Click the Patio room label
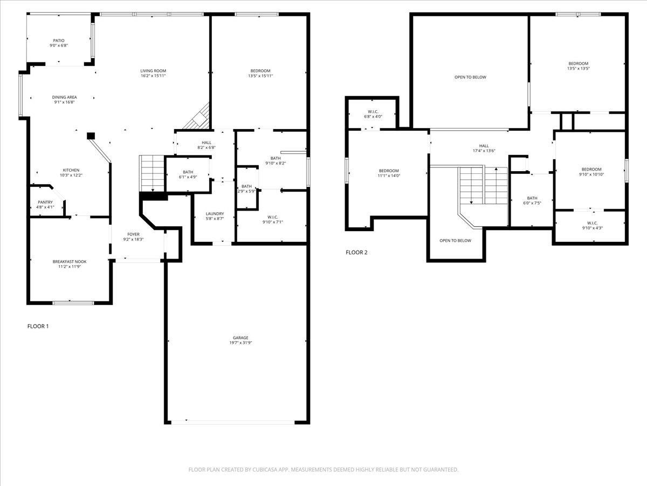click(58, 40)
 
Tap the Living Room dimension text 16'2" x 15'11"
click(153, 76)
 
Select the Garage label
click(237, 338)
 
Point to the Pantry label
click(45, 202)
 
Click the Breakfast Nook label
click(70, 262)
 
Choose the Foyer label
click(133, 234)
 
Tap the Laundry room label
click(215, 214)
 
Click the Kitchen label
click(71, 170)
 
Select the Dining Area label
click(64, 97)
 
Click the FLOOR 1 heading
click(38, 326)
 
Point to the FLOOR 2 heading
click(357, 252)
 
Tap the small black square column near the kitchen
click(91, 136)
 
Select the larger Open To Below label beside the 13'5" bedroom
click(470, 77)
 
